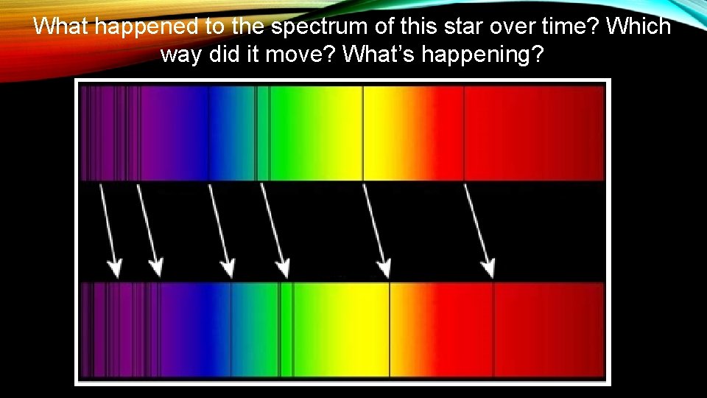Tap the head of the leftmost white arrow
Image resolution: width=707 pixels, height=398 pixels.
pos(114,268)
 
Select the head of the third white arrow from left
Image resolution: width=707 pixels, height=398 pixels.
pos(228,268)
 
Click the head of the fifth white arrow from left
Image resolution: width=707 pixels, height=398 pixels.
pos(384,268)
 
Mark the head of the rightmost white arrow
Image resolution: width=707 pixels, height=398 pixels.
pos(488,268)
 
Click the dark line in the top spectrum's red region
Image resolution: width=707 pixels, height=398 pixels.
pos(463,133)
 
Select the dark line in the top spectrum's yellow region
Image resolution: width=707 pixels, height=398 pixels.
pos(362,133)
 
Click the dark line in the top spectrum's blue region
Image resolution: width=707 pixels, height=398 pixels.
pos(208,133)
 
